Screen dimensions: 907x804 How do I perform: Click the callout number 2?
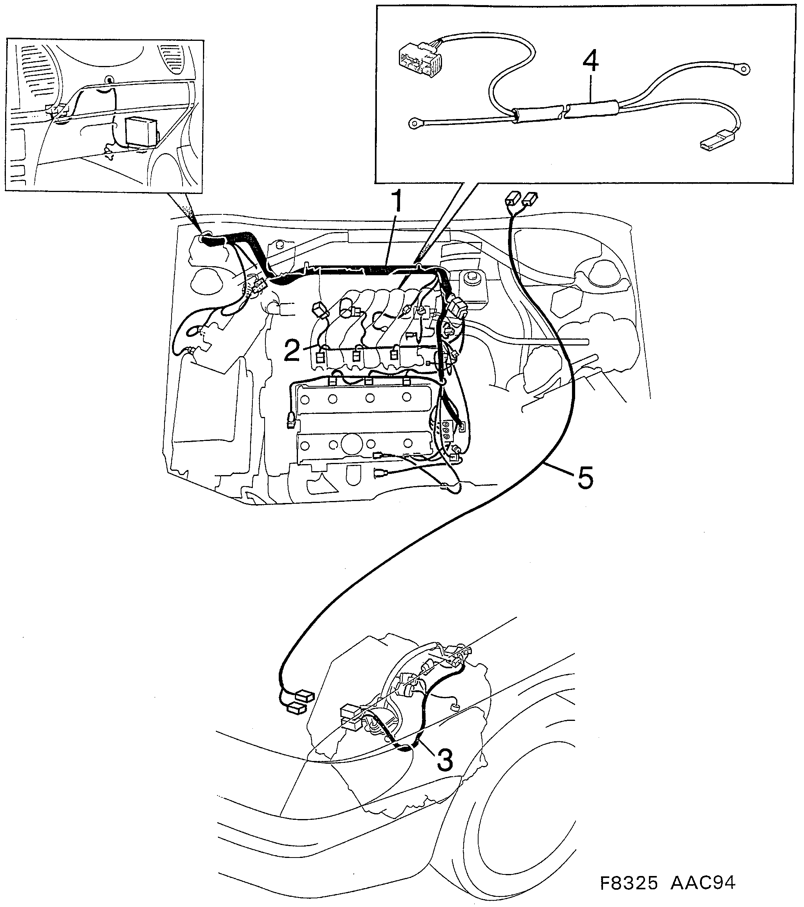tap(292, 351)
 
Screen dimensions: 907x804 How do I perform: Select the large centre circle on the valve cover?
tap(351, 444)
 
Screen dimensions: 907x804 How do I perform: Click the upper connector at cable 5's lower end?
tap(305, 696)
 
